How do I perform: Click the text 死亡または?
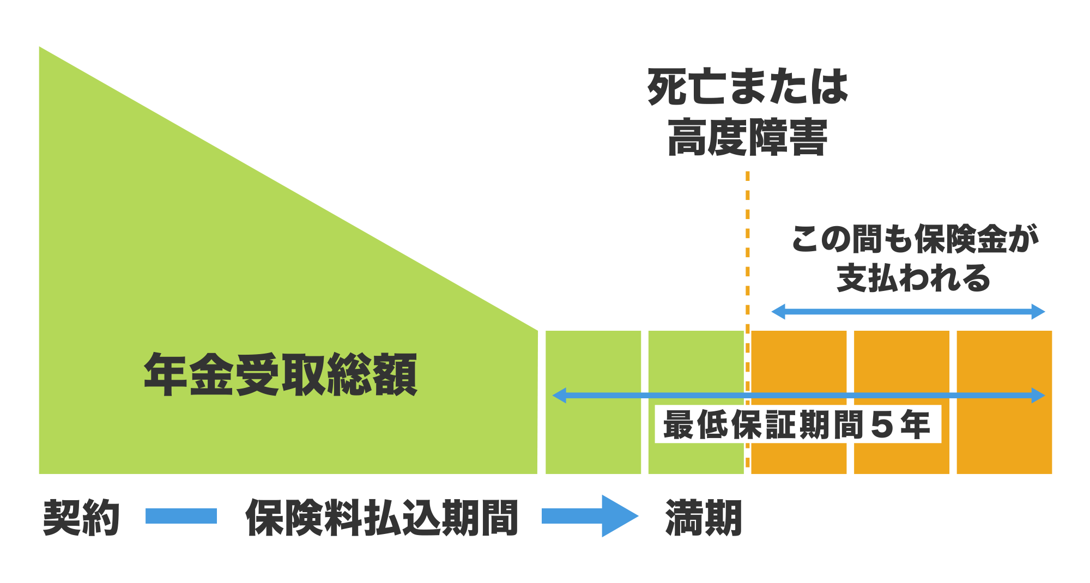pyautogui.click(x=747, y=87)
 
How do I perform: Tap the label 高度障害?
pyautogui.click(x=747, y=137)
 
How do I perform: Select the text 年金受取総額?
pyautogui.click(x=280, y=374)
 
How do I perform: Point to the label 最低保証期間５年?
pyautogui.click(x=797, y=424)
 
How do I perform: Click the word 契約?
pyautogui.click(x=81, y=517)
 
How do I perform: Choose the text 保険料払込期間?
pyautogui.click(x=381, y=517)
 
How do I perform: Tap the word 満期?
pyautogui.click(x=704, y=517)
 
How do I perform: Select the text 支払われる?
pyautogui.click(x=913, y=278)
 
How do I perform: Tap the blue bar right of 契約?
pyautogui.click(x=181, y=516)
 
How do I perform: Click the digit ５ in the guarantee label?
pyautogui.click(x=881, y=425)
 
